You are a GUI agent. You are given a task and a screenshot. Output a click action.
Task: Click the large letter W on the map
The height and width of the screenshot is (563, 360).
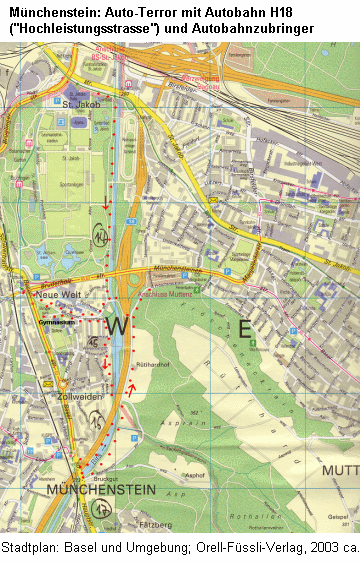pyautogui.click(x=118, y=327)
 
